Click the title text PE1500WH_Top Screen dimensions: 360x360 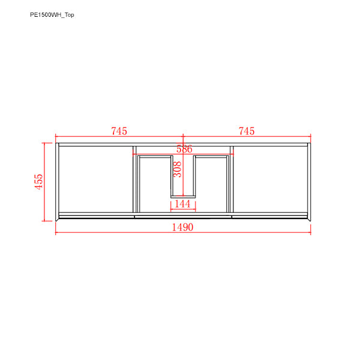coord(52,15)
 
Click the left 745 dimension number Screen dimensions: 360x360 coord(119,131)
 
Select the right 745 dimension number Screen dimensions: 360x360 coord(247,131)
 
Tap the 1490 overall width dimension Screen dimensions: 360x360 coord(182,227)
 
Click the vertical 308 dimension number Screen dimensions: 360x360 coord(177,170)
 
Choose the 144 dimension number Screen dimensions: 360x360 coord(182,205)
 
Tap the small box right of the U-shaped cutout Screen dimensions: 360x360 coord(211,182)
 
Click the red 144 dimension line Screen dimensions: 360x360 coord(182,210)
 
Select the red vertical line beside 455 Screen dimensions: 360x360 coord(46,182)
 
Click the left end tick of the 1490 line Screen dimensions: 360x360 coord(56,233)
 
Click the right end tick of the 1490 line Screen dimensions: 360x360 coord(310,233)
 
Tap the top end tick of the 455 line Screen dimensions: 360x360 coord(46,143)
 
